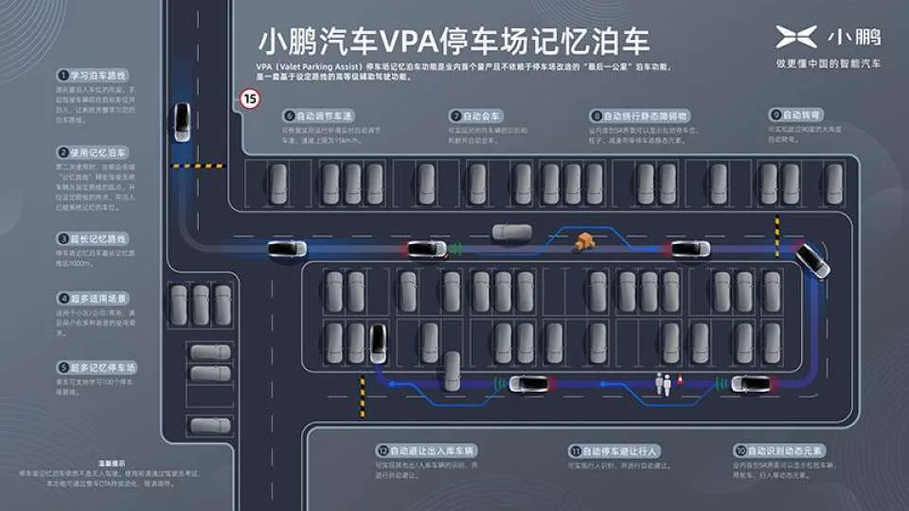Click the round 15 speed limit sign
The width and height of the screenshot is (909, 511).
pyautogui.click(x=250, y=97)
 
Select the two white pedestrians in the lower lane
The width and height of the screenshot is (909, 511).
pyautogui.click(x=664, y=382)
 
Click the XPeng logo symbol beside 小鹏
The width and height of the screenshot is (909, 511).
pyautogui.click(x=796, y=38)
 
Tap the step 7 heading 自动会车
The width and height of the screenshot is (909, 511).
pyautogui.click(x=483, y=115)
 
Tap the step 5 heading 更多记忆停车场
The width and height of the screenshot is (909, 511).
pyautogui.click(x=102, y=366)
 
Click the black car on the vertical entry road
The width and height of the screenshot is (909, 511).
pyautogui.click(x=181, y=123)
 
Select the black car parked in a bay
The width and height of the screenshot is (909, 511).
pyautogui.click(x=378, y=344)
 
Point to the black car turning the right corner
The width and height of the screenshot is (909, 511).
pyautogui.click(x=811, y=260)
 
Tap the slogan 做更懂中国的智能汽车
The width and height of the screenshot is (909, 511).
pyautogui.click(x=828, y=63)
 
